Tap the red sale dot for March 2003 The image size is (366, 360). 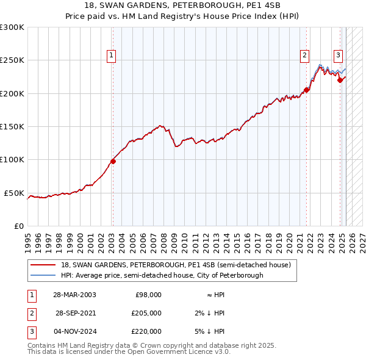tap(113, 162)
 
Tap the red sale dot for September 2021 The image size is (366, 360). tap(306, 90)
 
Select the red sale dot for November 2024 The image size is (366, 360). tap(340, 80)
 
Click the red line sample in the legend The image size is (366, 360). tap(43, 265)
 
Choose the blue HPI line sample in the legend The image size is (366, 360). tap(43, 275)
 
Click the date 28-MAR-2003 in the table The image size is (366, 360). tap(75, 295)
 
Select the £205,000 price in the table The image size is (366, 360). tap(148, 313)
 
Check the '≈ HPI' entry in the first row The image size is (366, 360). tap(212, 295)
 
